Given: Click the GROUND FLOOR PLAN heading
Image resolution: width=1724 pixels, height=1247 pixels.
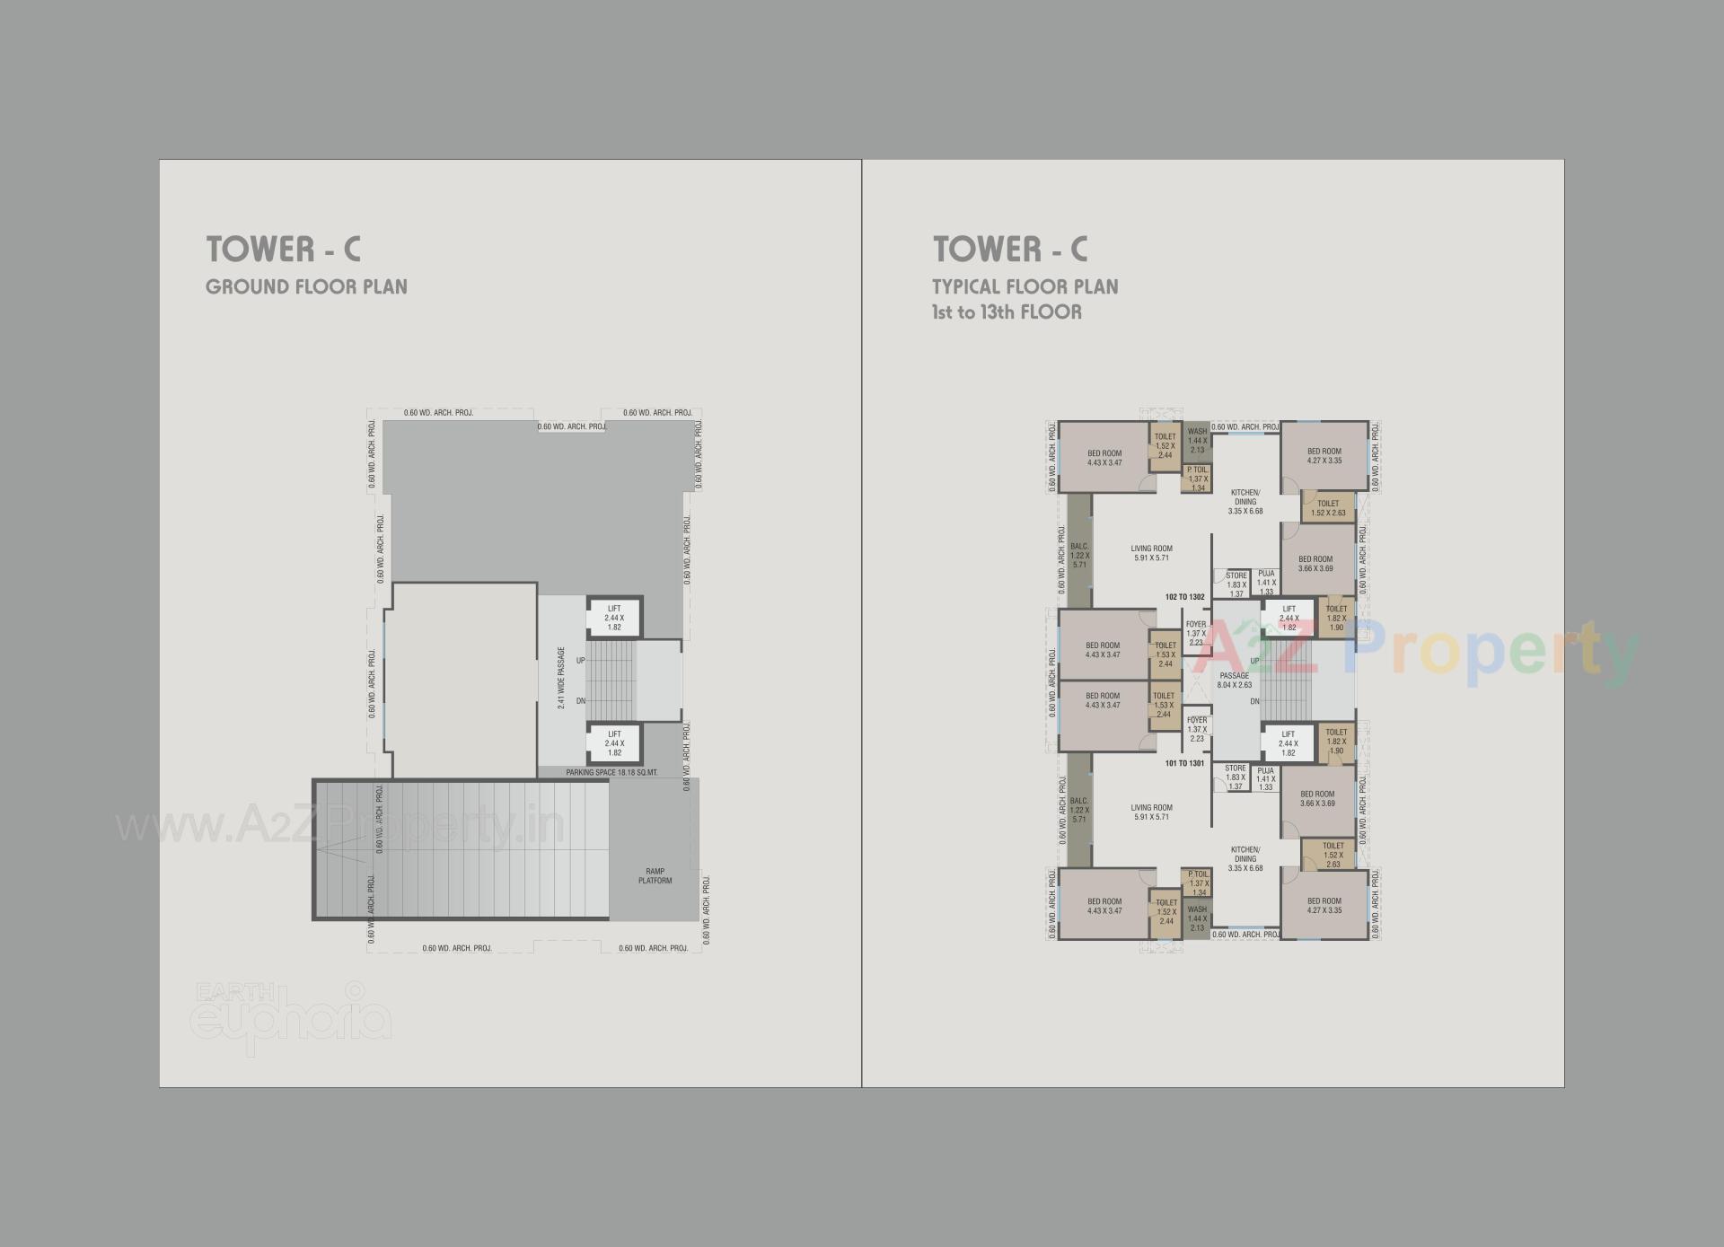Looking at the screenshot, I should [306, 287].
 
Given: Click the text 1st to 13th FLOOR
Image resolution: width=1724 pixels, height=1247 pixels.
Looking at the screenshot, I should [1006, 312].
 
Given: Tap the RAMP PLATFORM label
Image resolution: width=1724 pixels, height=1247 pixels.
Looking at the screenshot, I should [655, 876].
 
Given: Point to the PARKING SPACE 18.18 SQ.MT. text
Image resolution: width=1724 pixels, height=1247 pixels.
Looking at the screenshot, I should [611, 772].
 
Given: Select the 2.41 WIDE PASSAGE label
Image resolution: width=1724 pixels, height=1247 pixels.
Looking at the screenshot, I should [561, 678].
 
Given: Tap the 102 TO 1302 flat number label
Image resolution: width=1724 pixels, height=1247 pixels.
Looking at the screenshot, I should [1184, 597].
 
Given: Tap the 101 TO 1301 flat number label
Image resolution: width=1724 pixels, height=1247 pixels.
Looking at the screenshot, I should [1184, 763].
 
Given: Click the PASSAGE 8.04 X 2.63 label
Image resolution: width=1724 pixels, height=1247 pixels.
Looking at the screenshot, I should [1234, 681].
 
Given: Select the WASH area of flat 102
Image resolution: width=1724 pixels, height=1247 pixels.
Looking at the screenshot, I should [1196, 440].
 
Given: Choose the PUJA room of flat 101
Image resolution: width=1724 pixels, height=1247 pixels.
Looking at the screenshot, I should [1265, 778].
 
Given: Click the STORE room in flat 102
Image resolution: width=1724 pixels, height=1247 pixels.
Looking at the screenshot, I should [1236, 584].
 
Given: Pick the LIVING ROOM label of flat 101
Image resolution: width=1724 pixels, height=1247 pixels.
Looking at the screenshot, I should [1151, 812].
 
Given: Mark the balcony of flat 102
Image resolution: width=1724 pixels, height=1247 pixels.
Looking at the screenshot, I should [1079, 556].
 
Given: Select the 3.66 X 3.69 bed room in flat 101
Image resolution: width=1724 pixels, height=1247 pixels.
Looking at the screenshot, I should [1316, 798].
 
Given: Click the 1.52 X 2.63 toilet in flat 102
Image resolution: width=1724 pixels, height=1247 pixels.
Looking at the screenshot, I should [1328, 508].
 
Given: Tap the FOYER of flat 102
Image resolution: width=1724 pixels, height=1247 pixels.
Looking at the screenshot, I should [1195, 633].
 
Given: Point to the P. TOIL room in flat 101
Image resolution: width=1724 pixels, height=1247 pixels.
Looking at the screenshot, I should [1197, 883].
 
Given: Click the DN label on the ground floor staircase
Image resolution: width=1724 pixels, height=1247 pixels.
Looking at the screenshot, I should [580, 701].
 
